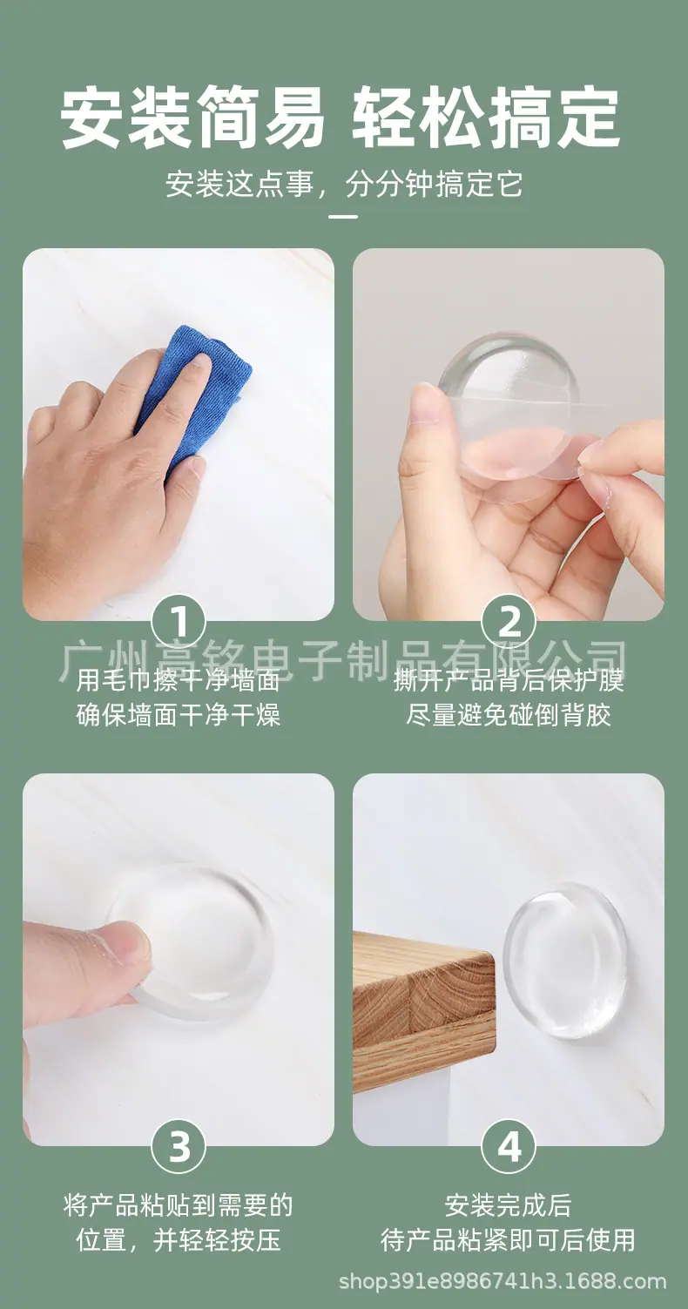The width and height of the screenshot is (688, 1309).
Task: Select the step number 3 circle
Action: coord(179,1146)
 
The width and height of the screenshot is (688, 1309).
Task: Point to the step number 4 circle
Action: coord(509,1146)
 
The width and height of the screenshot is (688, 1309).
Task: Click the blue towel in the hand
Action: coord(199,386)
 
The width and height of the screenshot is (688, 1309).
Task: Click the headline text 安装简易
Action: coord(192,118)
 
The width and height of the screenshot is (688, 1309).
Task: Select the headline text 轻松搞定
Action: coord(485,118)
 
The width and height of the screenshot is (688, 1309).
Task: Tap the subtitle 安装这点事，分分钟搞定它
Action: coord(344,185)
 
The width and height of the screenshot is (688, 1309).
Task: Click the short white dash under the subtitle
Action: coord(344,216)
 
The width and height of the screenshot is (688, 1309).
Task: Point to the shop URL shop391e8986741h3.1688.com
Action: coord(503,1281)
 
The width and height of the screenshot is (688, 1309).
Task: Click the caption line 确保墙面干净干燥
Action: coord(179,715)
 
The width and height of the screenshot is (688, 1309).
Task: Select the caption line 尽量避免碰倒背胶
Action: coord(508,715)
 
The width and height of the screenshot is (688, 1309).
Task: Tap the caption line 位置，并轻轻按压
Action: coord(179,1240)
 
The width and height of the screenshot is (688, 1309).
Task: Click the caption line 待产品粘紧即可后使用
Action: coord(508,1240)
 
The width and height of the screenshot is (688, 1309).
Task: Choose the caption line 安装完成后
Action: coord(508,1205)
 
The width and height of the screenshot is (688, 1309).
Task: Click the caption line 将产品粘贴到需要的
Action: coord(179,1205)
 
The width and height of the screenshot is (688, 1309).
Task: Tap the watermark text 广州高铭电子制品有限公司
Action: coord(344,661)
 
